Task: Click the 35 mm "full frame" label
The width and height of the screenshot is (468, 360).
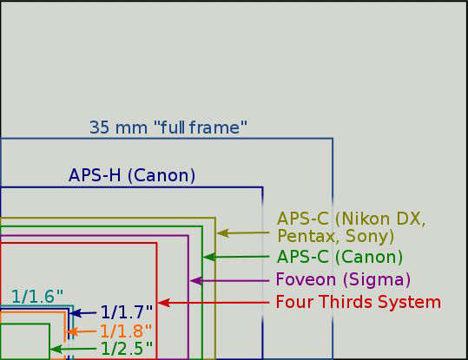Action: (x=168, y=128)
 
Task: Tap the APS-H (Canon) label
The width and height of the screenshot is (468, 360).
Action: (x=132, y=175)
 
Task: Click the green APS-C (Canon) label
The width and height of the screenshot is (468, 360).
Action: (x=339, y=257)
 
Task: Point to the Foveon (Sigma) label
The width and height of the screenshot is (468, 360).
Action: (x=343, y=280)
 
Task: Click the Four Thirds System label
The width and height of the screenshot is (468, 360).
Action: (x=358, y=302)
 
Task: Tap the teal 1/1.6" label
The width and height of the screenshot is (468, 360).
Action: (x=37, y=297)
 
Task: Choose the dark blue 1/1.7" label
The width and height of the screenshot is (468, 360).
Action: (x=127, y=312)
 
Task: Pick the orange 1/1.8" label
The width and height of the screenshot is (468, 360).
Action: (x=126, y=331)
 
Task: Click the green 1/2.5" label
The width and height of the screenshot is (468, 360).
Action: (x=127, y=349)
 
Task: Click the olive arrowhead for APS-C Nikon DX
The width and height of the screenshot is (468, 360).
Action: (x=222, y=233)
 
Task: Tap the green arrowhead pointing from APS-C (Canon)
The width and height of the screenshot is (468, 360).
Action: (x=209, y=257)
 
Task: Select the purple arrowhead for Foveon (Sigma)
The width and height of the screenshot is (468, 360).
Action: (x=196, y=281)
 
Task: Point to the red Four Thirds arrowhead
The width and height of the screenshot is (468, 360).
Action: (x=164, y=303)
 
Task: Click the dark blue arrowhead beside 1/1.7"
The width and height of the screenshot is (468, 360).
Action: (x=76, y=313)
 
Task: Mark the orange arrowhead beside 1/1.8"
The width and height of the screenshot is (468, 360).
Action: (x=72, y=331)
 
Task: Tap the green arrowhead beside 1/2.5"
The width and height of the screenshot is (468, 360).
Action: (x=56, y=349)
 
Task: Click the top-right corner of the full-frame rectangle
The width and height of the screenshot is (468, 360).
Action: (x=333, y=139)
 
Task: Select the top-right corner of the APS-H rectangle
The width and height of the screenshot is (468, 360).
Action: (x=262, y=187)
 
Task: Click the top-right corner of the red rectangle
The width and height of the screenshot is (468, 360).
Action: (x=156, y=243)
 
